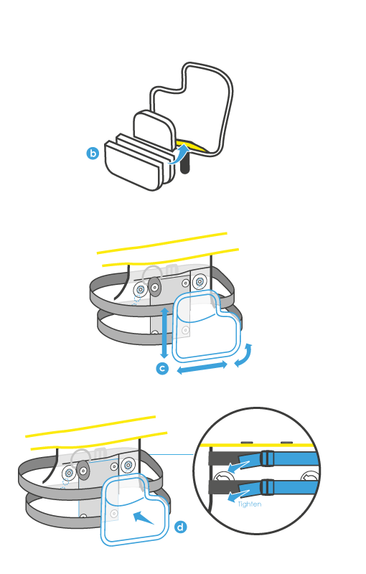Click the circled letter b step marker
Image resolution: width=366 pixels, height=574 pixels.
point(93,153)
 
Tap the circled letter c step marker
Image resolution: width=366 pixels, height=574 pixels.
point(162,368)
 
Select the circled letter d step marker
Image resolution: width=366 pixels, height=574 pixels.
point(180,527)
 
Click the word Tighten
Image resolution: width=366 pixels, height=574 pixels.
point(250,504)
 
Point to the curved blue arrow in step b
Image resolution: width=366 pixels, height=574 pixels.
point(180,154)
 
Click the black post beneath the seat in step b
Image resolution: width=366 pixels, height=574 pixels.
point(185,164)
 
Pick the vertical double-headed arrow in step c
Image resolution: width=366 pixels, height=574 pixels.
point(164,333)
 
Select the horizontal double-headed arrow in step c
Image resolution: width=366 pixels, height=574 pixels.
point(202,367)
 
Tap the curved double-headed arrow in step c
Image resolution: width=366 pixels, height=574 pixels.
point(245,355)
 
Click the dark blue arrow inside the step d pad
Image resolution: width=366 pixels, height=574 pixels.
point(144,518)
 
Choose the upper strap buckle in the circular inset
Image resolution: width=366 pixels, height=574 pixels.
point(267,458)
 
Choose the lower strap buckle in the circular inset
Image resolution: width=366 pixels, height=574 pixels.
point(267,487)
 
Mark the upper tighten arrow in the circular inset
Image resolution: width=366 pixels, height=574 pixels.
point(238,466)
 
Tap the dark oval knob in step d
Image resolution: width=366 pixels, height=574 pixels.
point(83,470)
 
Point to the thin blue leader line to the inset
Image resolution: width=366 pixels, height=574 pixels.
point(172,455)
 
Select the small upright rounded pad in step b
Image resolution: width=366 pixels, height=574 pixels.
point(154,130)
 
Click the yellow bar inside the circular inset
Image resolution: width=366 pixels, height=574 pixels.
point(258,446)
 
